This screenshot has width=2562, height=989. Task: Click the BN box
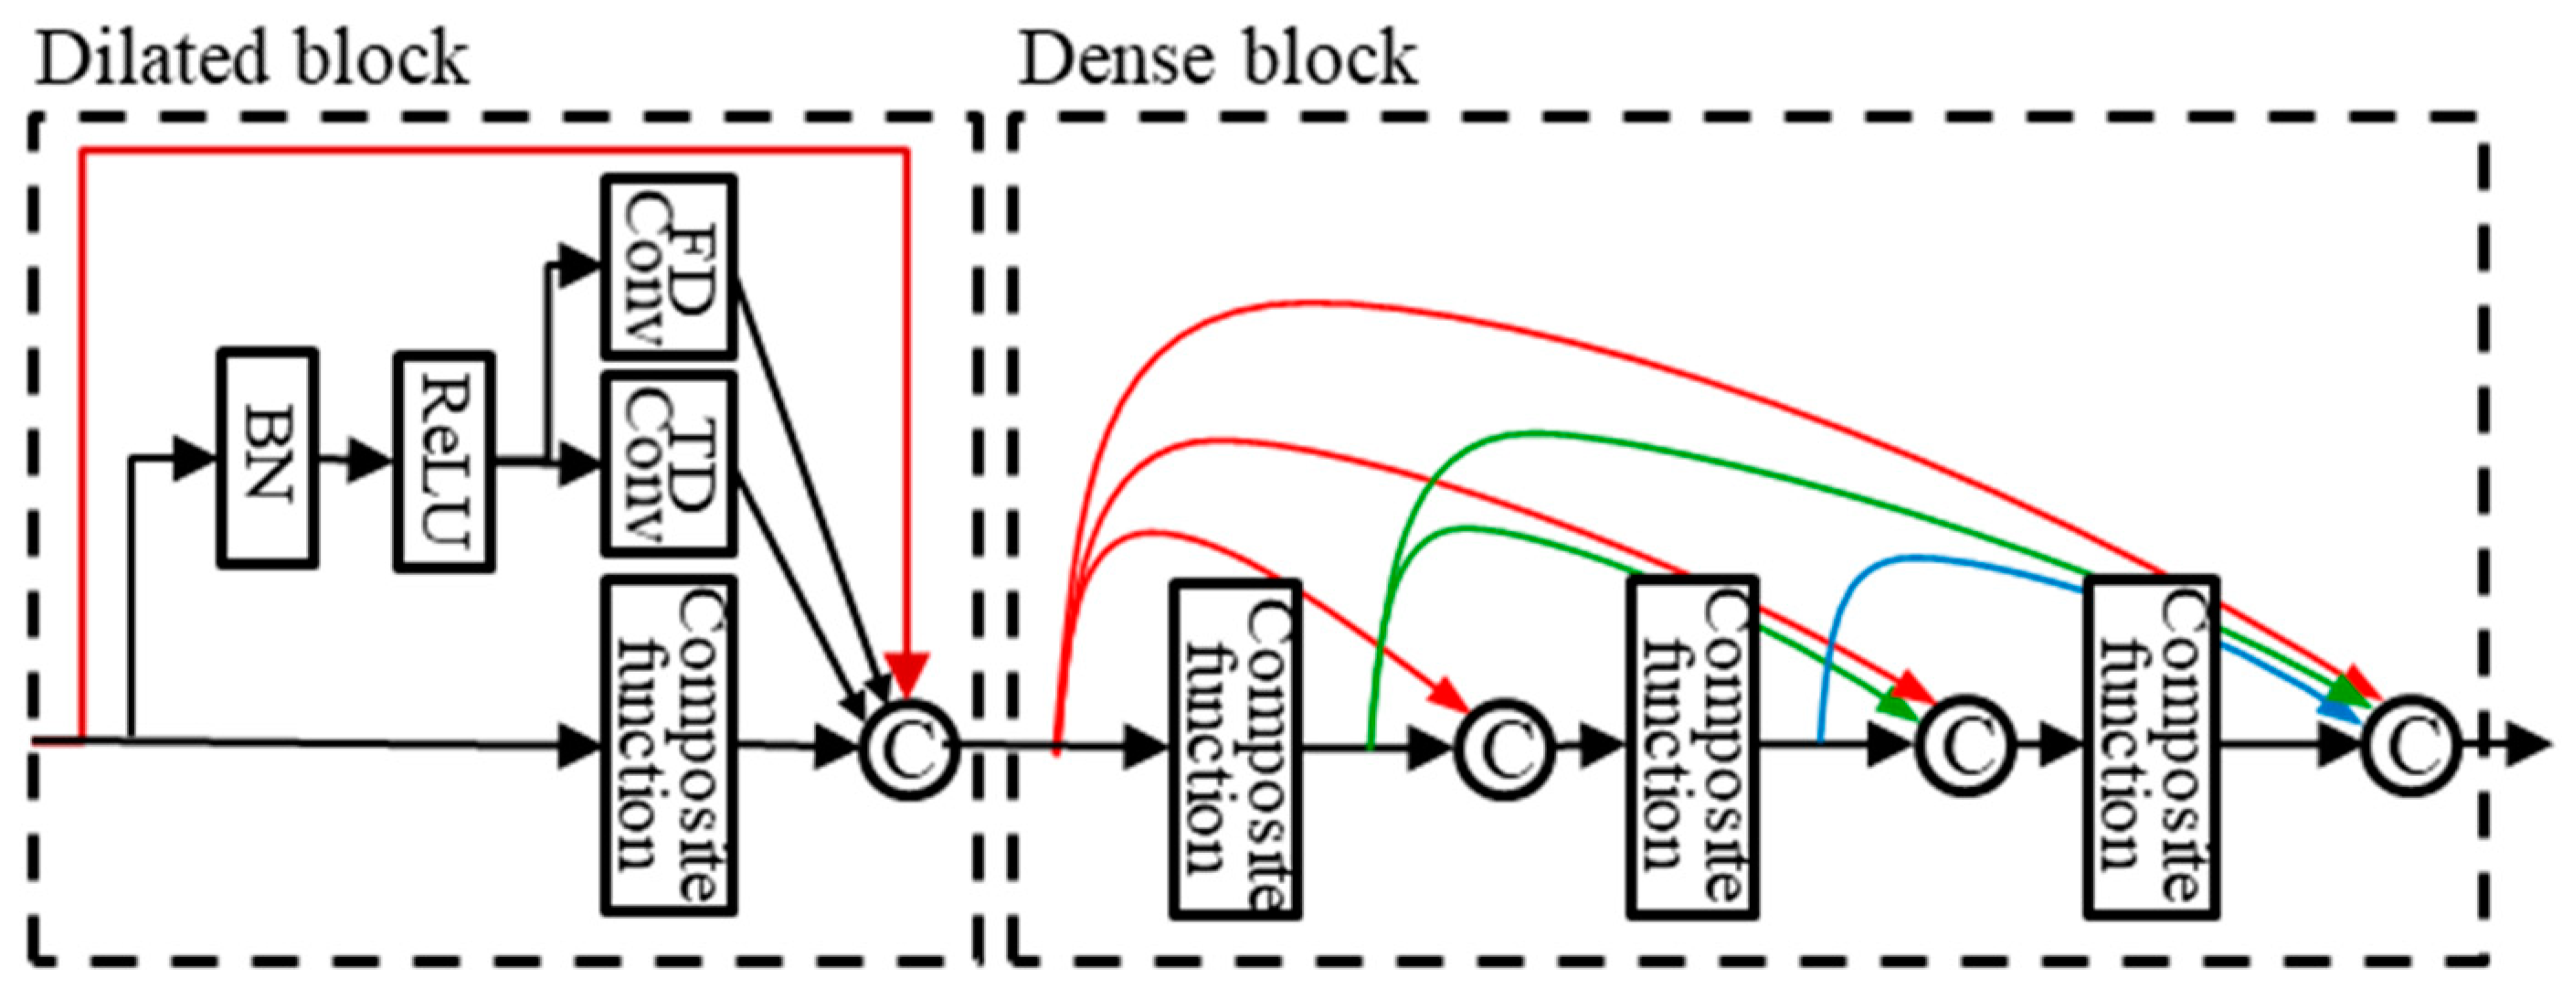point(268,459)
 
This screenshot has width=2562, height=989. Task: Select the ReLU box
point(443,462)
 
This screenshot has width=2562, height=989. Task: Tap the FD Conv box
point(668,268)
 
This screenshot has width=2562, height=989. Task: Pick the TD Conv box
point(668,463)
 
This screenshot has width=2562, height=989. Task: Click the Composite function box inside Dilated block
point(668,745)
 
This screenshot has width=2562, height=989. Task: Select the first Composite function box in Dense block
point(1235,749)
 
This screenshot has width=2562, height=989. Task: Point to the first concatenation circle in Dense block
point(1503,749)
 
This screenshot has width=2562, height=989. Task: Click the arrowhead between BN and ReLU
point(370,462)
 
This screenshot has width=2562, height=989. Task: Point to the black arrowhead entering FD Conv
point(576,266)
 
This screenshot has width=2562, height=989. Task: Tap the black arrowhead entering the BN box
point(194,459)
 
